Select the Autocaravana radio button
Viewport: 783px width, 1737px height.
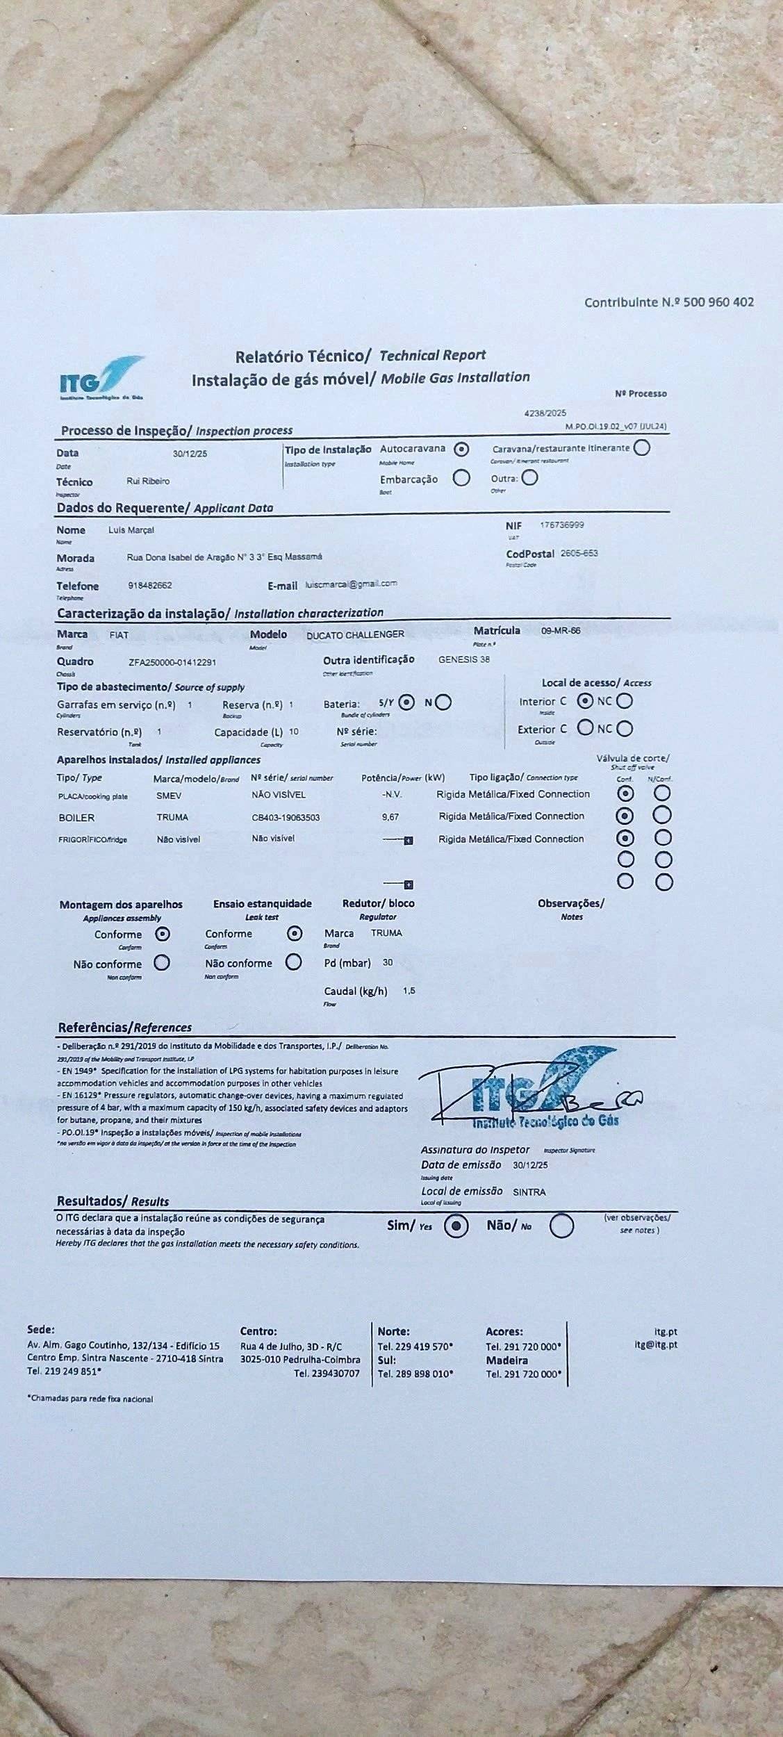[461, 449]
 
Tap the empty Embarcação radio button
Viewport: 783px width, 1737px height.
[461, 478]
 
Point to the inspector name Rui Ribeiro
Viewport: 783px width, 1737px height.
[148, 481]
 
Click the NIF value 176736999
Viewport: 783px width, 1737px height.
[561, 525]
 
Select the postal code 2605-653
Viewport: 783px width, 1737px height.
[579, 554]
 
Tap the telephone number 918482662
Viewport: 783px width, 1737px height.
[150, 585]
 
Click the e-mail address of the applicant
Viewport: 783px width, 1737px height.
[351, 584]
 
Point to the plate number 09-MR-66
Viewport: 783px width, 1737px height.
[560, 631]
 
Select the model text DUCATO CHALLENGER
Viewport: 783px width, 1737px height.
[355, 634]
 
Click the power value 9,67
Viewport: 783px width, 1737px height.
[390, 818]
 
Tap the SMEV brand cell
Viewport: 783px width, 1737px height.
[169, 796]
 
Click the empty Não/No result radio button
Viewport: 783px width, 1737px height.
[561, 1226]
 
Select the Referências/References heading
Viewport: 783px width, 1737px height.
[125, 1028]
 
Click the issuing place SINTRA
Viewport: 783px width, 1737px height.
[529, 1192]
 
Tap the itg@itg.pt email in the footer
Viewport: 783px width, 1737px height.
[656, 1344]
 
